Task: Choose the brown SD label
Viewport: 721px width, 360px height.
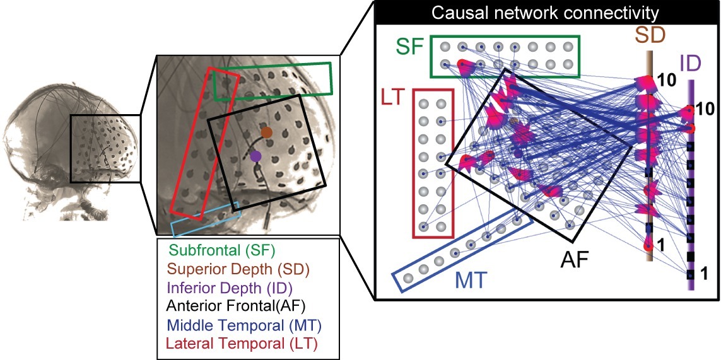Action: (x=649, y=35)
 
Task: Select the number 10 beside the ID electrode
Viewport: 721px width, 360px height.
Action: (x=706, y=109)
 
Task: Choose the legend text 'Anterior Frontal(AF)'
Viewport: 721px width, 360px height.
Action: (x=235, y=307)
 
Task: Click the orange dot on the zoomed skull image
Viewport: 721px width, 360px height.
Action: (x=267, y=132)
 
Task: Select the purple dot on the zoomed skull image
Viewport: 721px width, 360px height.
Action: (x=255, y=155)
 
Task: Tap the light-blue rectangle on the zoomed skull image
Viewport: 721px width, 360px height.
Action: (x=206, y=223)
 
